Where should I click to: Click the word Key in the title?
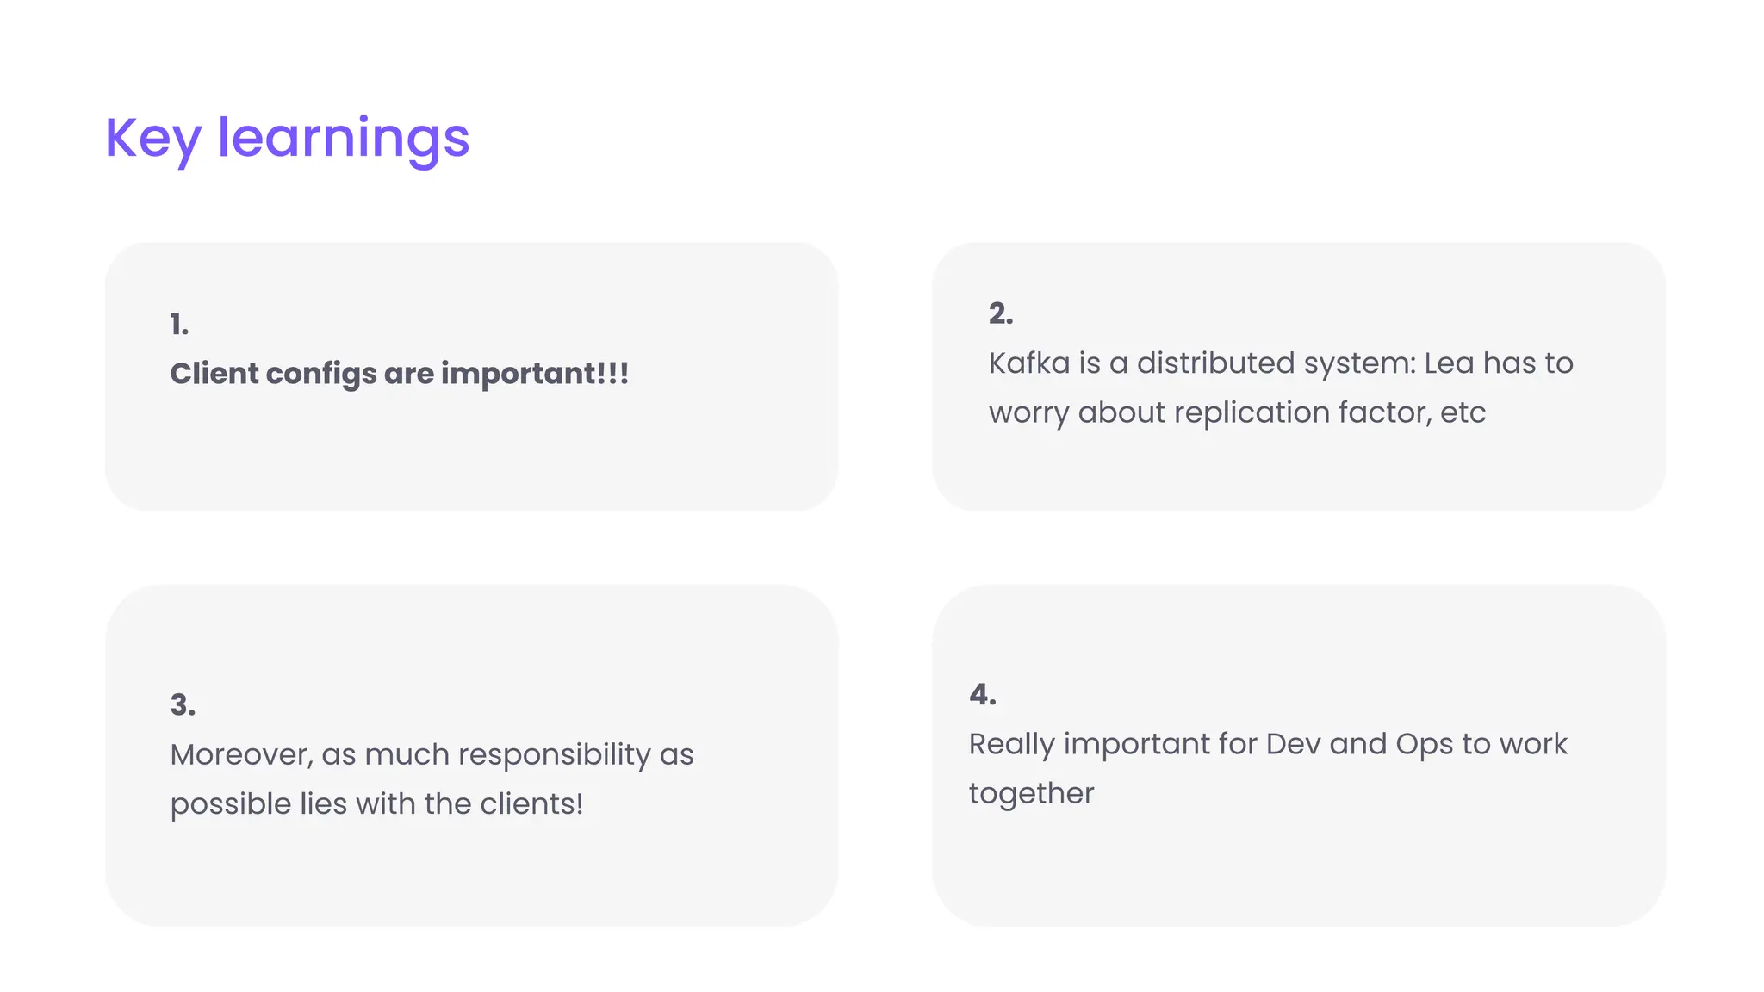[x=152, y=139]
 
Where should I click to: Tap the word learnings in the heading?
[x=343, y=139]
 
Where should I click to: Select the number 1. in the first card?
[x=179, y=325]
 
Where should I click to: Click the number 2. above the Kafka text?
[x=1001, y=313]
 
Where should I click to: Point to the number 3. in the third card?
[x=183, y=705]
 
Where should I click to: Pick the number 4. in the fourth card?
[x=983, y=695]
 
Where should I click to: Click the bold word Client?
[x=214, y=374]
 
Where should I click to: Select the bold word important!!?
[x=535, y=374]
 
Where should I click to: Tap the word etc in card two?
[x=1463, y=413]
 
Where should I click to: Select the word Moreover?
[x=241, y=755]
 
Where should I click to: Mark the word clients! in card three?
[x=531, y=804]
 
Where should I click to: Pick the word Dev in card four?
[x=1293, y=744]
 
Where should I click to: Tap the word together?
[x=1031, y=794]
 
